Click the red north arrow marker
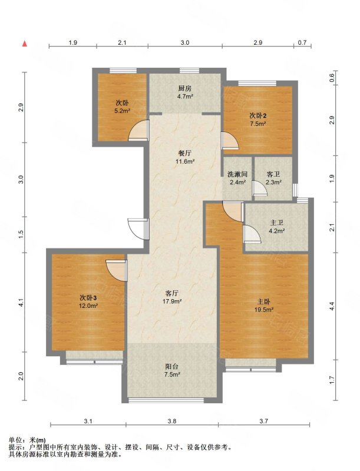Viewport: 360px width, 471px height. pos(25,44)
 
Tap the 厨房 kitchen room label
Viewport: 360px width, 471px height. pos(184,88)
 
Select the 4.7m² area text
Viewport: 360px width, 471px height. pos(184,97)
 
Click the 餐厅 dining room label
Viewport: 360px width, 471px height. pos(185,154)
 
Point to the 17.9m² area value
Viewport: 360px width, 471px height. pos(172,301)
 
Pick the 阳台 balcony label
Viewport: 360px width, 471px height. pos(172,366)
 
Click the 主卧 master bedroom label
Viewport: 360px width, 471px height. pos(263,301)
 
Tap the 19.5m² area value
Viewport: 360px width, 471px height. pos(264,310)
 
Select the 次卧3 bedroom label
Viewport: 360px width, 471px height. pos(88,298)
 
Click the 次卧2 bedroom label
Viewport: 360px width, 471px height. pos(258,115)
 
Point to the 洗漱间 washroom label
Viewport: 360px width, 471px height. pos(237,174)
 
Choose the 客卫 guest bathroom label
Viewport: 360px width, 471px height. pos(273,174)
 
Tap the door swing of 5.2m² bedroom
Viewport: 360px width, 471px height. pos(138,130)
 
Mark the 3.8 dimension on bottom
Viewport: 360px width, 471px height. pos(172,421)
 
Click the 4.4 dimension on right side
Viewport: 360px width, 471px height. pos(332,306)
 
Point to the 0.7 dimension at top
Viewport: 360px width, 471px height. pos(302,42)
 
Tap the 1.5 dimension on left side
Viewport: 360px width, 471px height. pos(21,234)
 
